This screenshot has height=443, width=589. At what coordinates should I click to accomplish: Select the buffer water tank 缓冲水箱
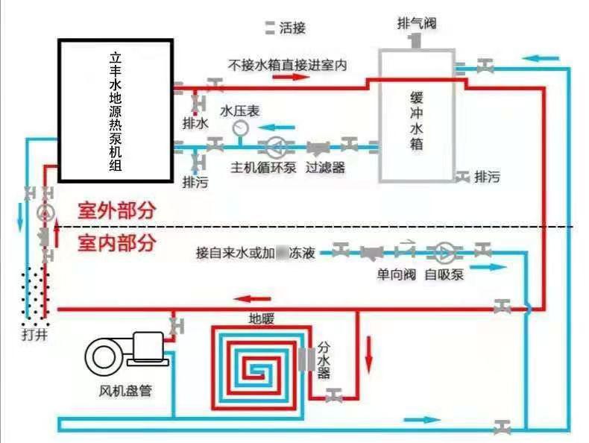pyautogui.click(x=416, y=116)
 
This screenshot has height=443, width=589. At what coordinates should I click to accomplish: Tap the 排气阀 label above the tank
pyautogui.click(x=415, y=25)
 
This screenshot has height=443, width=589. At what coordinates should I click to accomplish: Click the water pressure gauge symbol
pyautogui.click(x=240, y=128)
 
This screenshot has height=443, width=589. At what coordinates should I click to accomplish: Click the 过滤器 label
pyautogui.click(x=325, y=168)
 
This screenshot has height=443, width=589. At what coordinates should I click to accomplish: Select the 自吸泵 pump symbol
pyautogui.click(x=444, y=251)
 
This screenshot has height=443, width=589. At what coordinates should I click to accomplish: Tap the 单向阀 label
pyautogui.click(x=395, y=274)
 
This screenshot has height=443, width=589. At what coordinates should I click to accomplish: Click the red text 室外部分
pyautogui.click(x=117, y=210)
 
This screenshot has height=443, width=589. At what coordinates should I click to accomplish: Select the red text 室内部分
pyautogui.click(x=117, y=242)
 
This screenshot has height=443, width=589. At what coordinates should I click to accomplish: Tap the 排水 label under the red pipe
pyautogui.click(x=195, y=122)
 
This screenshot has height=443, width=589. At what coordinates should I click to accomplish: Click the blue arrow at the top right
pyautogui.click(x=542, y=57)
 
